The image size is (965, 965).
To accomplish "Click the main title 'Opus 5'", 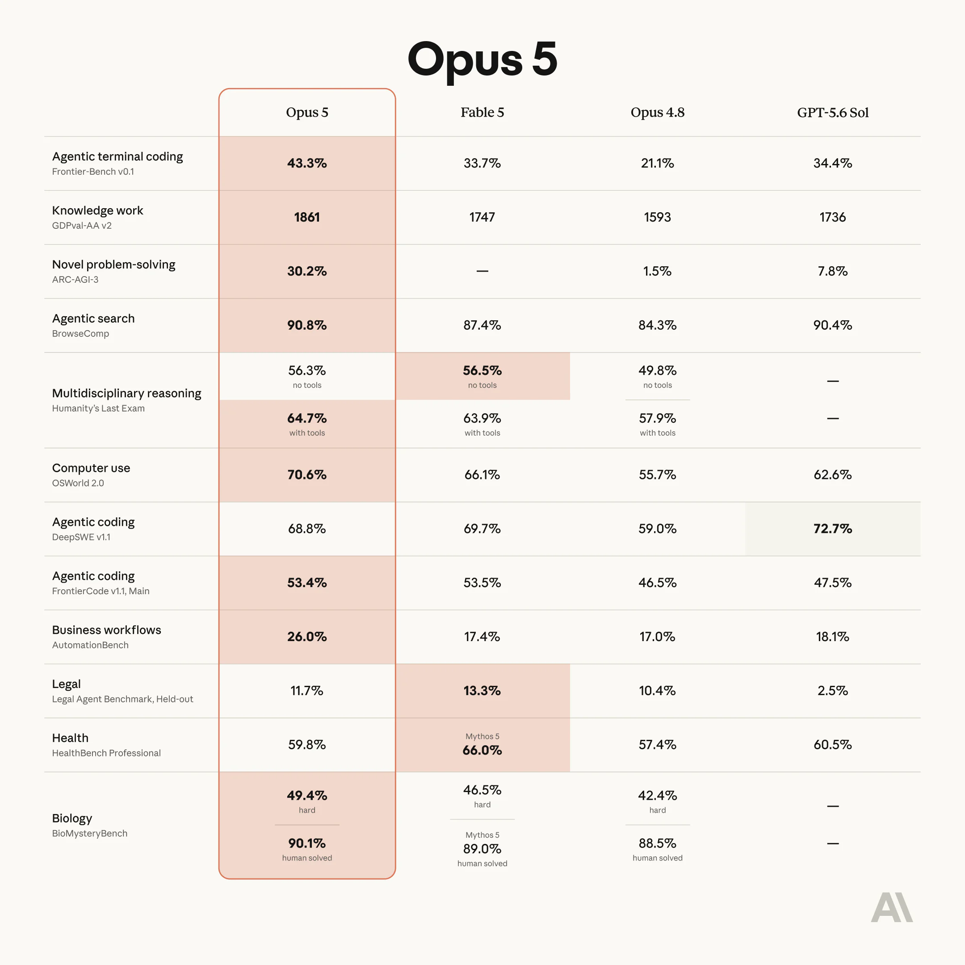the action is point(482,60).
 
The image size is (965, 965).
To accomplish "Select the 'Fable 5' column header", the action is point(482,113).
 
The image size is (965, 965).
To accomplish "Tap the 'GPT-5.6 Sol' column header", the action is point(833,113).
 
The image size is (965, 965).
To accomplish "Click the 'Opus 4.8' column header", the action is point(657,113).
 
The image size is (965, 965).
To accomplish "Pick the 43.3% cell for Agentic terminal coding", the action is point(306,164).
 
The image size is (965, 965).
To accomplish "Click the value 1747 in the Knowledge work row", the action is point(482,217).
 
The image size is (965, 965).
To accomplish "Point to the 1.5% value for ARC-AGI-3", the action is point(657,271).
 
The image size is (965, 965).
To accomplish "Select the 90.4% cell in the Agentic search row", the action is point(833,325).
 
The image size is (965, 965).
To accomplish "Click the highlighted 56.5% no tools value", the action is point(482,371).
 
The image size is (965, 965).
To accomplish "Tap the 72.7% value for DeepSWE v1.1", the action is point(833,529).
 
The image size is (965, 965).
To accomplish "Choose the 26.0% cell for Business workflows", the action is point(306,636).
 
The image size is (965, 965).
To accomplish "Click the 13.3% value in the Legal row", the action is point(482,690).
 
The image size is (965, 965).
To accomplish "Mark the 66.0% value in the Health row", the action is point(482,750).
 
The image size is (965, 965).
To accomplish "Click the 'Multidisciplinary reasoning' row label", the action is point(126,394).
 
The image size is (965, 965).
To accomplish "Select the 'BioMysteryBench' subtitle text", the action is point(89,833).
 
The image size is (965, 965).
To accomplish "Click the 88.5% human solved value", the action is point(657,843).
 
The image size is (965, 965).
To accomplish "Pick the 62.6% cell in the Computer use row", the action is point(833,474).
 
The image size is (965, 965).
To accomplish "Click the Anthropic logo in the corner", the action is point(892,907).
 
